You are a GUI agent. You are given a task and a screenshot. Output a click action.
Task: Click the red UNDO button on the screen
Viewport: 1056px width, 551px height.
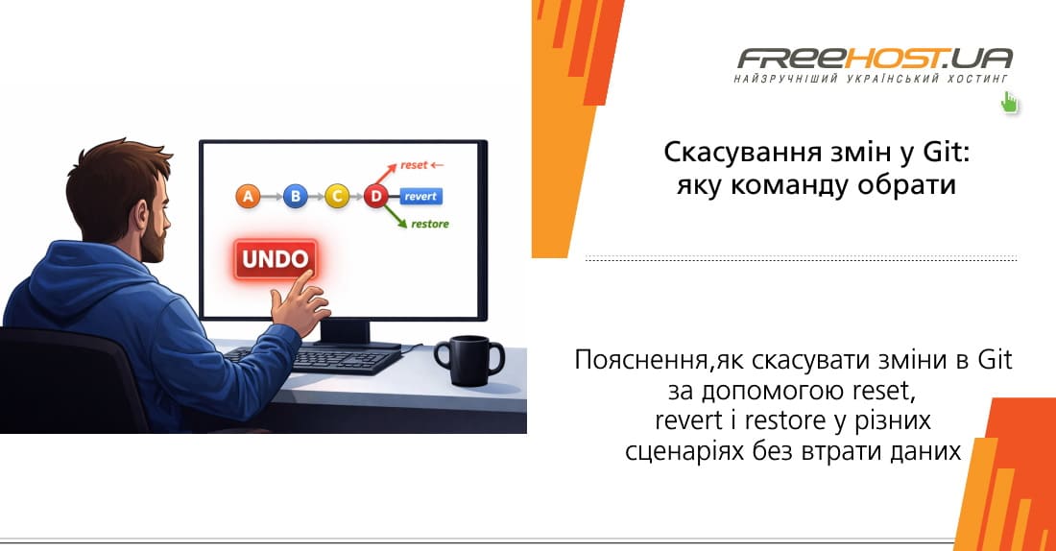tap(275, 259)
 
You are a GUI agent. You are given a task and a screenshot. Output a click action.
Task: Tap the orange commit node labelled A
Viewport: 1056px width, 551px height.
tap(248, 197)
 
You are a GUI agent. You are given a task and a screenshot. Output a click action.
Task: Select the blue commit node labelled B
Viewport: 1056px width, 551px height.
tap(296, 197)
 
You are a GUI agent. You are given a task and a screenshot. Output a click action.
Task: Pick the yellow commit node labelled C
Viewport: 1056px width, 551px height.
tap(337, 197)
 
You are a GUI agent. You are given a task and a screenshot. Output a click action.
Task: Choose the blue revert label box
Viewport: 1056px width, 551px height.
tap(420, 197)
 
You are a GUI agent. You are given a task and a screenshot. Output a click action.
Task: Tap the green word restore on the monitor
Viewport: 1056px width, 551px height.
tap(429, 225)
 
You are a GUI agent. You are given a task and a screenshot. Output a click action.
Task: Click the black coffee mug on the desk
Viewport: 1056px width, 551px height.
tap(471, 359)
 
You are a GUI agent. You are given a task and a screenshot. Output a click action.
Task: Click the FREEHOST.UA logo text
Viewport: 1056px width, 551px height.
tap(873, 59)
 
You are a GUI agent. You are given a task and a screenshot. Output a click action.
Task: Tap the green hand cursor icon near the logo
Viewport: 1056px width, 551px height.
tap(1009, 103)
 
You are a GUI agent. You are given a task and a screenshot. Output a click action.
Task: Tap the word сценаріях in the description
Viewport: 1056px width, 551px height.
tap(679, 450)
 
